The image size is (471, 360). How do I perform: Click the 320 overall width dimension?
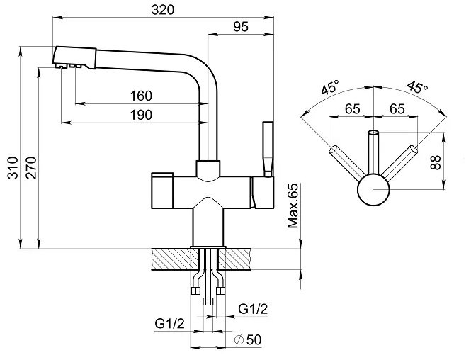pyautogui.click(x=163, y=10)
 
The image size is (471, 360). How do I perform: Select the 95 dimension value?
pyautogui.click(x=241, y=27)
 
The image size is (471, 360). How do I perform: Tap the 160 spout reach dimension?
pyautogui.click(x=141, y=96)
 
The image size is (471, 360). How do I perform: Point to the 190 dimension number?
pyautogui.click(x=141, y=115)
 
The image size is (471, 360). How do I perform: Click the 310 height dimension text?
pyautogui.click(x=13, y=168)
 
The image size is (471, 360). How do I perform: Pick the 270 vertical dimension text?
pyautogui.click(x=31, y=168)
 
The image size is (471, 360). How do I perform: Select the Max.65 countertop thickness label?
pyautogui.click(x=293, y=206)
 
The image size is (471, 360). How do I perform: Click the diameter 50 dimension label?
pyautogui.click(x=248, y=340)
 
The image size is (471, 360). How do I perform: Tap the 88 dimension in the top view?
pyautogui.click(x=436, y=162)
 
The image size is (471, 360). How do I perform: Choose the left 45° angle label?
pyautogui.click(x=330, y=87)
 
